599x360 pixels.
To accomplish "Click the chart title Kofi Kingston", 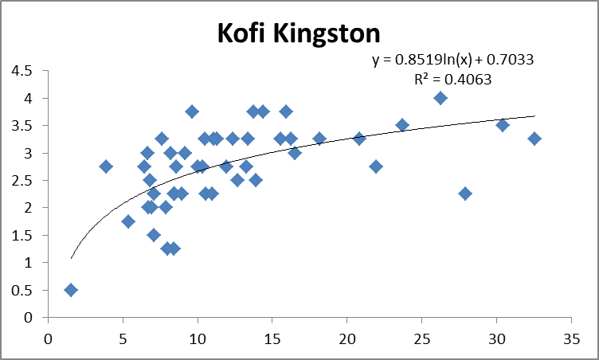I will tap(299, 33).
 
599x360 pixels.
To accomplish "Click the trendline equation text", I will tap(452, 59).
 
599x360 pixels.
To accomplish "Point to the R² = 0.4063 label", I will tap(452, 79).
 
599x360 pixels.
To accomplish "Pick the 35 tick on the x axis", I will tap(571, 338).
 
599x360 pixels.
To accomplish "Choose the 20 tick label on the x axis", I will tap(346, 338).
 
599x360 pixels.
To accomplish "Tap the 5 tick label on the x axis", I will tap(123, 338).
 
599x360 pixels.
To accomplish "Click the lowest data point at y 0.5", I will tap(71, 290).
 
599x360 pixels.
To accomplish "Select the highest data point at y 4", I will tap(440, 98).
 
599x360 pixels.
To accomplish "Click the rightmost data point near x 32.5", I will tap(534, 139).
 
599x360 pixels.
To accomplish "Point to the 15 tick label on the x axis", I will tap(272, 338).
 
